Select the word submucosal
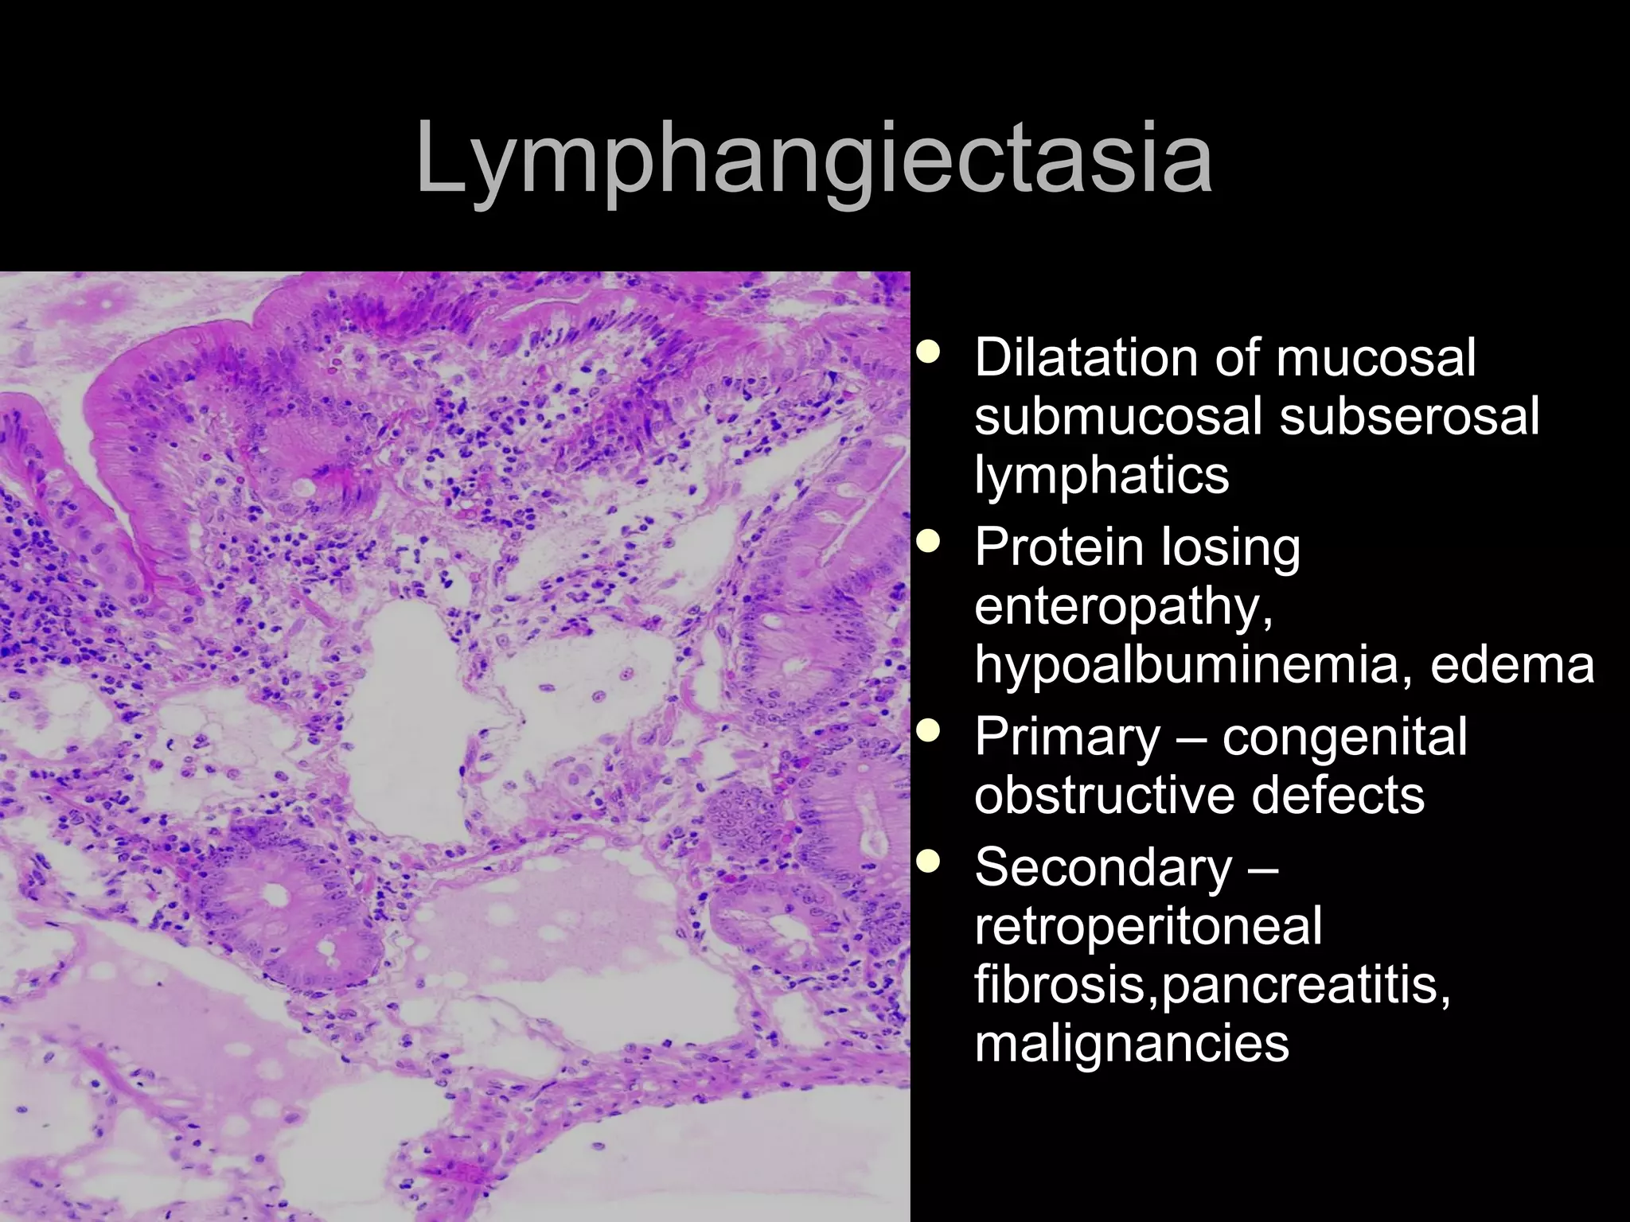[x=1119, y=416]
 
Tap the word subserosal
[x=1409, y=416]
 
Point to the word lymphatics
[x=1102, y=476]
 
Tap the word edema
[x=1512, y=665]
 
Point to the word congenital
[x=1345, y=737]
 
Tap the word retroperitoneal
[x=1148, y=926]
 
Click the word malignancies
[x=1131, y=1043]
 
